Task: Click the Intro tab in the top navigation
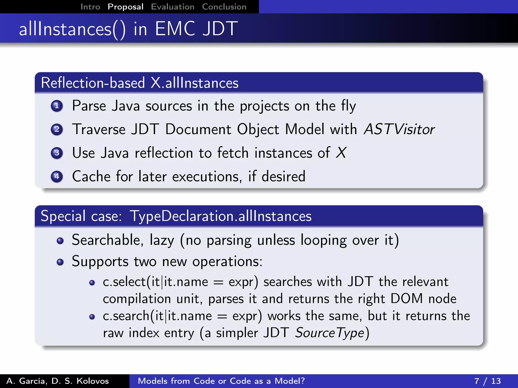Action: coord(90,7)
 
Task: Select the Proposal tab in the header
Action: coord(125,7)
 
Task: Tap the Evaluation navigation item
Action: coord(172,7)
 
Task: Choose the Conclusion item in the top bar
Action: coord(224,7)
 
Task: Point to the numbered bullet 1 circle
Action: coord(57,106)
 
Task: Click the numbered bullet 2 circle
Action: coord(57,129)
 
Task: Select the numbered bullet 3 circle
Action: coord(57,153)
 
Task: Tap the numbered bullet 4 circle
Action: coord(57,176)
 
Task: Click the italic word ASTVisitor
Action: coord(399,129)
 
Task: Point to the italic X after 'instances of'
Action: coord(341,153)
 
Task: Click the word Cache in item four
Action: coord(91,176)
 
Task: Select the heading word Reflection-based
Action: coord(93,83)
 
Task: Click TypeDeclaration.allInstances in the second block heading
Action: coord(221,216)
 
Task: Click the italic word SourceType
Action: coord(330,333)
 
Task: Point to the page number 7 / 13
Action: coord(487,381)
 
